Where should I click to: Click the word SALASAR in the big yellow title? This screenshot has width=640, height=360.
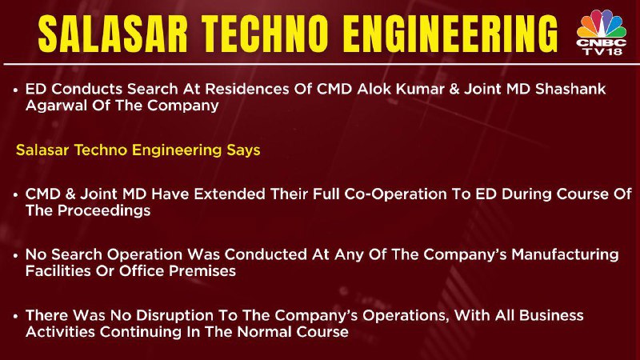(113, 34)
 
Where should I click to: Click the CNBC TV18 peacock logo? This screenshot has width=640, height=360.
(602, 32)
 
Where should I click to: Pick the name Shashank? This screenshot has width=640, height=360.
(570, 89)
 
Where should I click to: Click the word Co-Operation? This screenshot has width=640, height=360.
(395, 194)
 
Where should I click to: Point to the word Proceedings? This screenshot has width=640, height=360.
(104, 210)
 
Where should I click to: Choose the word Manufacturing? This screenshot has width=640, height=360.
(565, 254)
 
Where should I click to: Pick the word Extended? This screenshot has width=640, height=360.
(230, 194)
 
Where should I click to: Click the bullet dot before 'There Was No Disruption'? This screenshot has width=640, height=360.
(15, 316)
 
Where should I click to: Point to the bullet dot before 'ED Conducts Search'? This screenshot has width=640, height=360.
(15, 90)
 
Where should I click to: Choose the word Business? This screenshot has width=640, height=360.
(551, 315)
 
